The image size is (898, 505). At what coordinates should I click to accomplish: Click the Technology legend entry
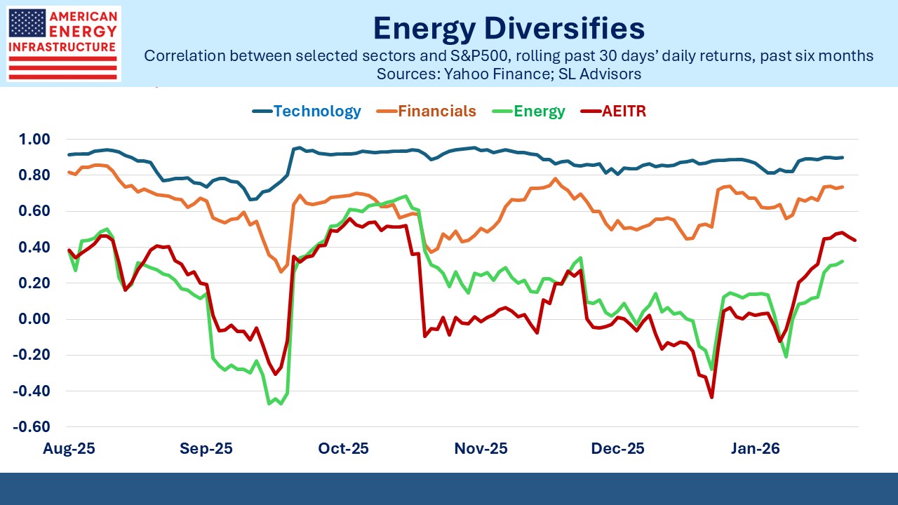[316, 111]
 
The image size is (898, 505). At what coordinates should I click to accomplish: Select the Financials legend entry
[437, 111]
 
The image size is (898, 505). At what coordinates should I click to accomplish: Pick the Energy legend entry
[539, 111]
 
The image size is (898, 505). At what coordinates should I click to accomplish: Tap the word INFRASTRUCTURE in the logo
[62, 46]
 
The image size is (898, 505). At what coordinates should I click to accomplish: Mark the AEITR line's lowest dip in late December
[711, 398]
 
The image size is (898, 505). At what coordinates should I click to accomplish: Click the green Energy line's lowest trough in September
[269, 403]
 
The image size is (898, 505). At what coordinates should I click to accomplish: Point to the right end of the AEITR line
[855, 241]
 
